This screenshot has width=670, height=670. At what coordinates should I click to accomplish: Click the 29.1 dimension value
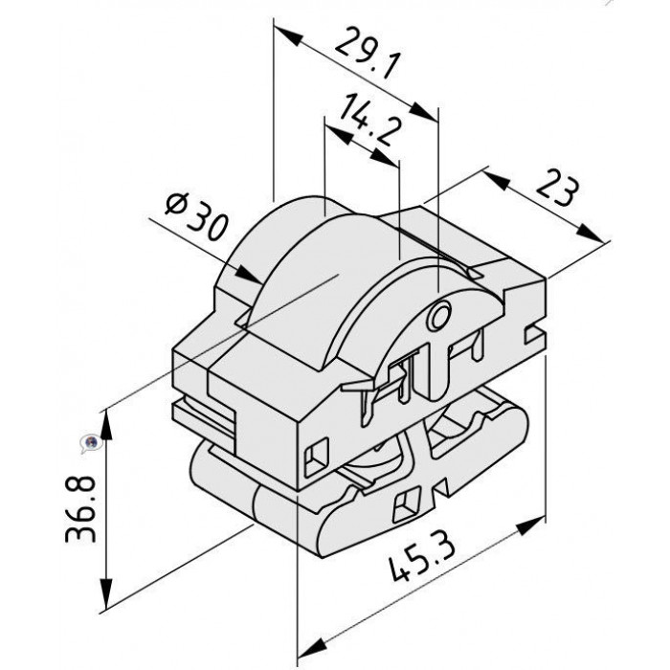[x=368, y=52]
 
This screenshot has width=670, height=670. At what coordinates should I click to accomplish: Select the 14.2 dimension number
[x=371, y=120]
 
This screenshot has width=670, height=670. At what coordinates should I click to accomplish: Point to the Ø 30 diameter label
[x=195, y=216]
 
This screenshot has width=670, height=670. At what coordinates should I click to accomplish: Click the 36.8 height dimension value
[x=80, y=508]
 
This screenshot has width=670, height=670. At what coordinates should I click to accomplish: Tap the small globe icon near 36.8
[x=91, y=444]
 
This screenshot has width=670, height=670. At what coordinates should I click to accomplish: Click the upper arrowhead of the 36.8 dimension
[x=106, y=425]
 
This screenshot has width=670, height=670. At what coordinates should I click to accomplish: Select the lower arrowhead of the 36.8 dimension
[x=106, y=594]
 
